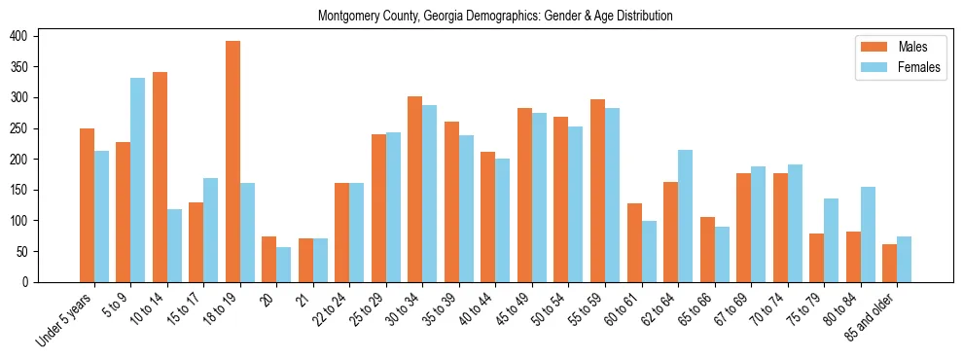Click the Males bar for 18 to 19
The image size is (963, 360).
point(232,162)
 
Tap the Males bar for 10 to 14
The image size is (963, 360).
point(160,177)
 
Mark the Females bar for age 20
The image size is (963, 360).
point(284,265)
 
